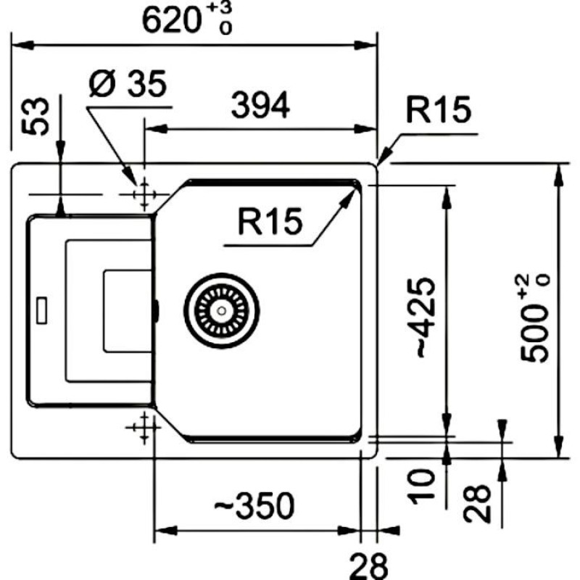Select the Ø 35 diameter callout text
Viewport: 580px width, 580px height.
coord(128,85)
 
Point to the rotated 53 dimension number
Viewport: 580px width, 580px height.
coord(38,115)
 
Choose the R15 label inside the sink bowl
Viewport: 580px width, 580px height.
coord(269,223)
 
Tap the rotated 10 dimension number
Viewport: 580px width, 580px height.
coord(423,484)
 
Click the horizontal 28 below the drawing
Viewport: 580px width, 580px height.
coord(370,565)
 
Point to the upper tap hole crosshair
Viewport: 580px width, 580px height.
coord(144,194)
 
